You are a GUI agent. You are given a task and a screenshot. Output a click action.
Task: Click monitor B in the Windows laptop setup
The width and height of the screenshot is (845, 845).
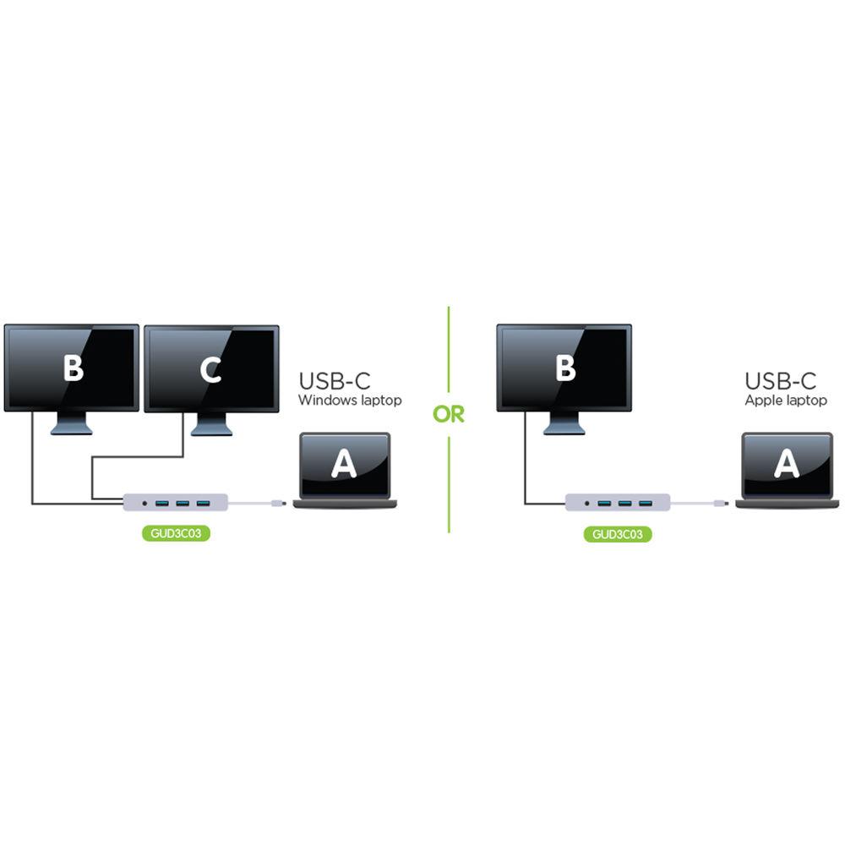pos(72,368)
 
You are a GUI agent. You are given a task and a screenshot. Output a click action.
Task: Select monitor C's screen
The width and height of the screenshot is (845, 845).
pos(211,368)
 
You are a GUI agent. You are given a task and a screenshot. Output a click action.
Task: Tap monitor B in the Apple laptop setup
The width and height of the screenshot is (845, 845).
pos(564,368)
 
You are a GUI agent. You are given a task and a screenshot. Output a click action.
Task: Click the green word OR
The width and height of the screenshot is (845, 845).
pos(449,415)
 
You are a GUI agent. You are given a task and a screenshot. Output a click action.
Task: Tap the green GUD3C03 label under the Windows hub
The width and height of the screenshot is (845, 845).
pos(175,534)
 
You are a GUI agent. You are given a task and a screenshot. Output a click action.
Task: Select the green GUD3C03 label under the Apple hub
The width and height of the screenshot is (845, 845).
pos(617,534)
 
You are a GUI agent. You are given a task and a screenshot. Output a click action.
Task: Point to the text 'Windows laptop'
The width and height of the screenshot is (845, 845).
pos(349,401)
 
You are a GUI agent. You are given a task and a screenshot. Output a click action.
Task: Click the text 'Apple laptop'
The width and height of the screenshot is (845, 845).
pos(785,401)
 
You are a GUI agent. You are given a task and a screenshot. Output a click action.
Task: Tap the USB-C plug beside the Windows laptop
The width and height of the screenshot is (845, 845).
pos(278,504)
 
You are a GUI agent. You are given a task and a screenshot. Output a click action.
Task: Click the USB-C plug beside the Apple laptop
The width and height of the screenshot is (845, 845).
pos(720,504)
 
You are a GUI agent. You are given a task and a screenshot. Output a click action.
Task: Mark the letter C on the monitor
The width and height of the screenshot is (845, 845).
pos(211,369)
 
